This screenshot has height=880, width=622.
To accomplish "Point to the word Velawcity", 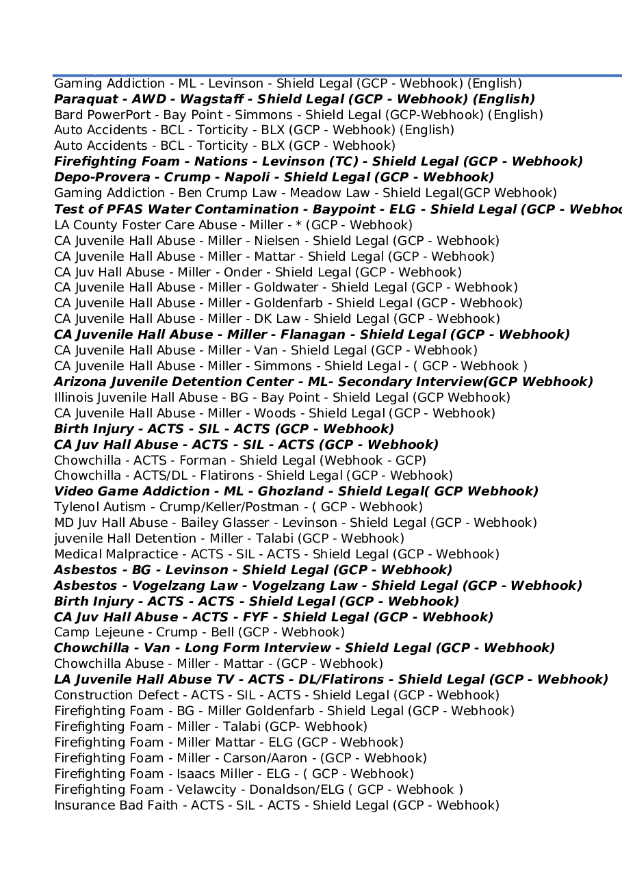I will [x=200, y=790].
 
